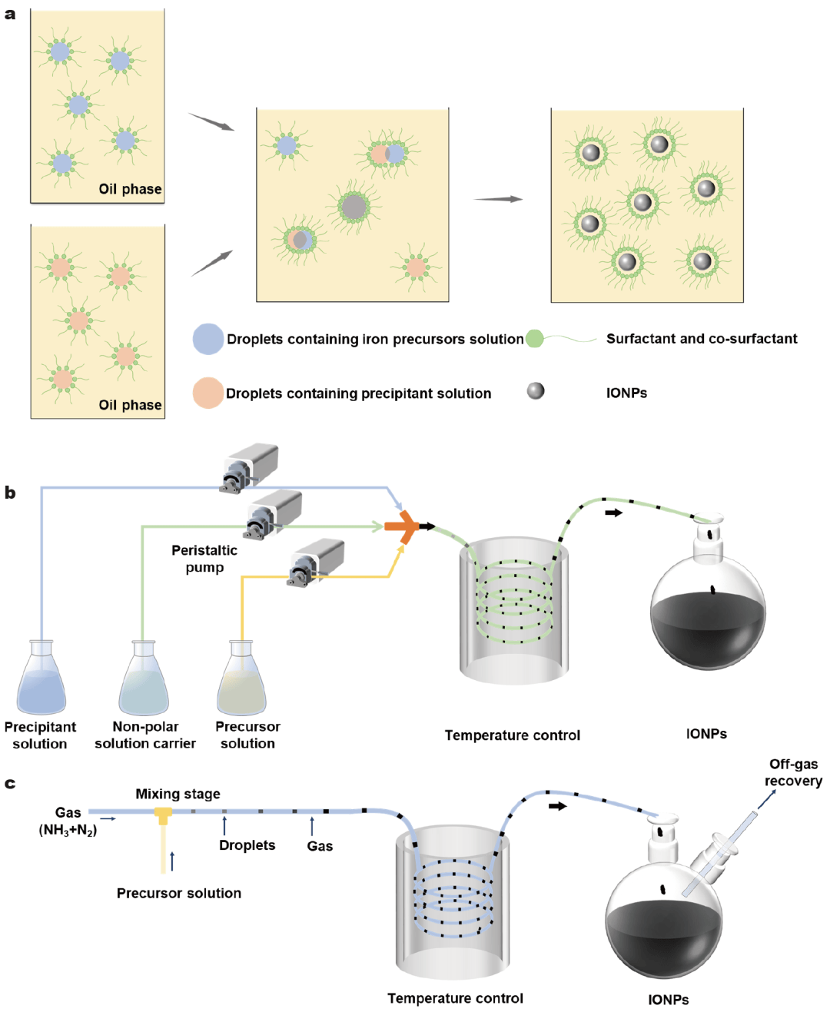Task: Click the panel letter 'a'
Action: coord(10,14)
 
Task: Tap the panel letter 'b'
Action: coord(10,493)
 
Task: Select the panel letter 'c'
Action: coord(10,784)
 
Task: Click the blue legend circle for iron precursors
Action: coord(207,339)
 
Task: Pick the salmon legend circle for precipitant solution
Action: coord(207,393)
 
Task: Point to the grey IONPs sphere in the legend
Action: coord(536,391)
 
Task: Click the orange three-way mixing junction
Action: coord(402,526)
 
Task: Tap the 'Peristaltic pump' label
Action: coord(204,559)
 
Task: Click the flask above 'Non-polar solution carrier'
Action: coord(144,679)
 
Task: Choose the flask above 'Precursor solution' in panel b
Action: coord(241,679)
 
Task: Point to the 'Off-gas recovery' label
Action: coord(793,772)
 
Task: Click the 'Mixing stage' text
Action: coord(178,794)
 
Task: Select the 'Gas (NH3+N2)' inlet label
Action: coord(68,821)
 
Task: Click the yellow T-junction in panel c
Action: coord(163,815)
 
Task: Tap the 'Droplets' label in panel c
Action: coord(247,845)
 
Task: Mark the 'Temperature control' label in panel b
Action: coord(512,735)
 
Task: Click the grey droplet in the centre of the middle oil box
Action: coord(354,206)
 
